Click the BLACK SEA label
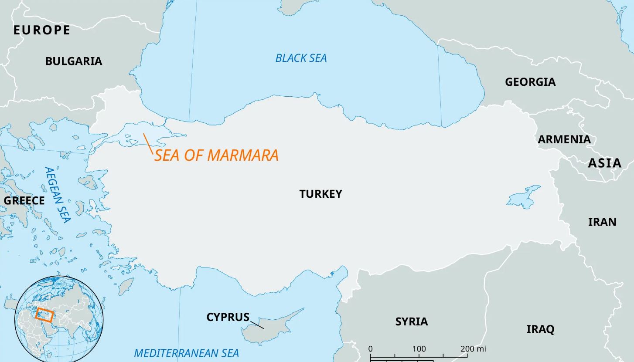[301, 58]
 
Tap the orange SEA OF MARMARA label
[216, 155]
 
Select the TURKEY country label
[320, 194]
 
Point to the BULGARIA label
[74, 61]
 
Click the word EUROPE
[42, 30]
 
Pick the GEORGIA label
[530, 82]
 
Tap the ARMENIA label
[564, 139]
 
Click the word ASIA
[604, 163]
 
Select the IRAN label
[602, 222]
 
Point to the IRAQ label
[540, 329]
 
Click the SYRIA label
[411, 321]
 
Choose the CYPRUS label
[228, 317]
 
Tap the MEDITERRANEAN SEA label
[186, 353]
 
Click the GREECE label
[24, 200]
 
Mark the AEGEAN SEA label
[57, 195]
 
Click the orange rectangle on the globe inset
[44, 314]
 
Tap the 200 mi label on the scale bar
[473, 349]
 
